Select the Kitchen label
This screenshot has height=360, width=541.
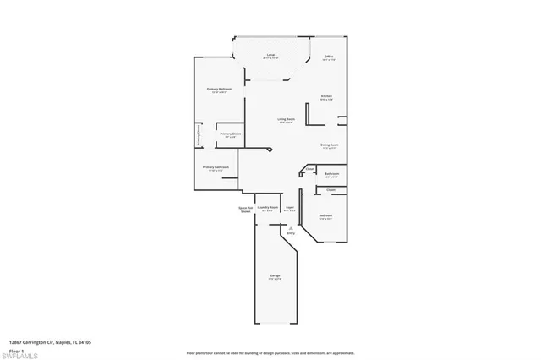pyautogui.click(x=325, y=96)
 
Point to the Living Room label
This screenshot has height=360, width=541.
pyautogui.click(x=286, y=119)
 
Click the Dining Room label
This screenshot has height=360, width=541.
pyautogui.click(x=329, y=145)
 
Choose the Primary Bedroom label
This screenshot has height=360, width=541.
pyautogui.click(x=220, y=89)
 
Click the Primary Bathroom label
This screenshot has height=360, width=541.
pyautogui.click(x=216, y=167)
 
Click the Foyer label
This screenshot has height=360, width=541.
pyautogui.click(x=289, y=207)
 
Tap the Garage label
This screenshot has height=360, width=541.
pyautogui.click(x=275, y=276)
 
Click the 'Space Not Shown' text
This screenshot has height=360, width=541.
pyautogui.click(x=246, y=210)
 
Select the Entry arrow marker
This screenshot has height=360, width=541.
pyautogui.click(x=289, y=228)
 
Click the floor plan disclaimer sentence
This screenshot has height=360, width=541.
pyautogui.click(x=270, y=351)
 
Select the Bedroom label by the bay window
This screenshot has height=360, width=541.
pyautogui.click(x=325, y=216)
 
